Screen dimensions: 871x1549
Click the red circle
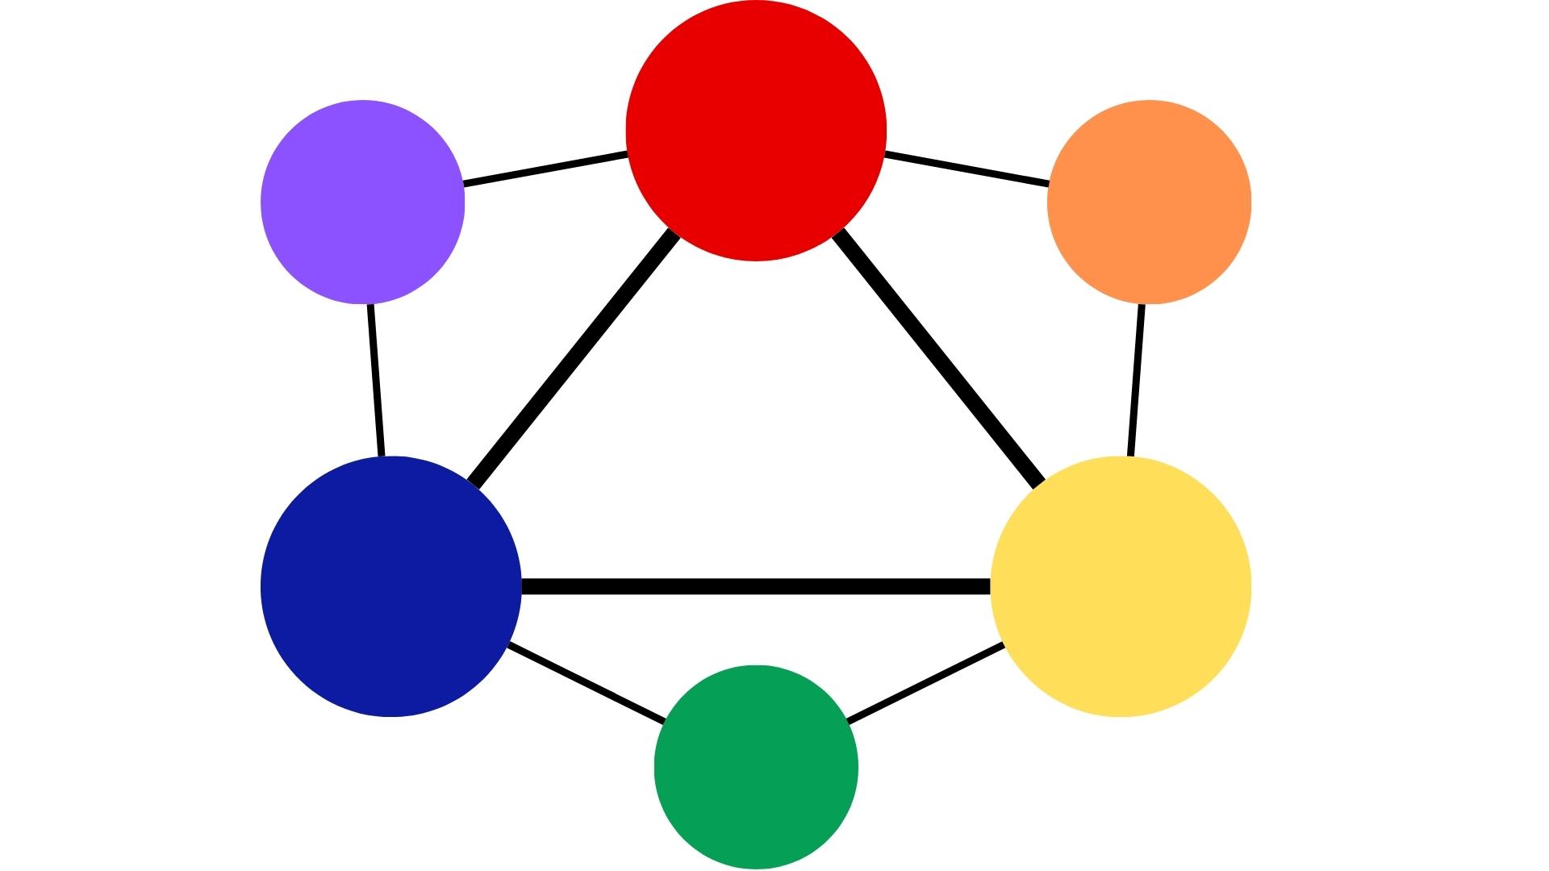(x=756, y=131)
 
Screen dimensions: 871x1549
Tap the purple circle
(x=363, y=202)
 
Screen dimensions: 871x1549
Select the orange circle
(x=1149, y=202)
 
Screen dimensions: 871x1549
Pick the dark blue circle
(x=391, y=586)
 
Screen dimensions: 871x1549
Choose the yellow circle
(x=1121, y=586)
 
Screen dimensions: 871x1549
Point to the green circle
(x=756, y=767)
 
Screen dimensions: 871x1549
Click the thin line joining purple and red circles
(x=545, y=169)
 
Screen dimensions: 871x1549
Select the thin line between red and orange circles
(x=967, y=169)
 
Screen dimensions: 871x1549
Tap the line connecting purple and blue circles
(x=376, y=381)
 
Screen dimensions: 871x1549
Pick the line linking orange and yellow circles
(x=1136, y=381)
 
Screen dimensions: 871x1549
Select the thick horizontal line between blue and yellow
(x=756, y=586)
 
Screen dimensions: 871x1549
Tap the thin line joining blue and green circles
(x=587, y=682)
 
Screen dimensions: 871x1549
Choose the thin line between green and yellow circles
(x=926, y=682)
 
